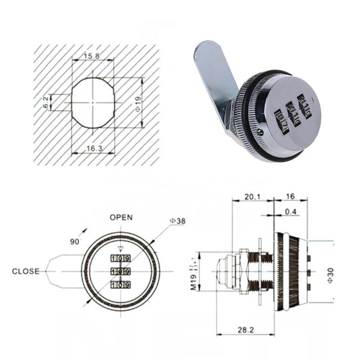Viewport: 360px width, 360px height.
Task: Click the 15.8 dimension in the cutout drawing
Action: pos(92,56)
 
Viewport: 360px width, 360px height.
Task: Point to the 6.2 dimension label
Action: pos(45,102)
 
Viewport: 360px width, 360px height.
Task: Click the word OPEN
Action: pos(121,217)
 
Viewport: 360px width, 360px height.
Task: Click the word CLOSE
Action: pos(26,271)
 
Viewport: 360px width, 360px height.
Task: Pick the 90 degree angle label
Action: pos(75,241)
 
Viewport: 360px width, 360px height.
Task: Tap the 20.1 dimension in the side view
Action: pos(252,197)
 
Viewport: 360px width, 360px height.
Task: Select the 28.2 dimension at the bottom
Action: pos(246,330)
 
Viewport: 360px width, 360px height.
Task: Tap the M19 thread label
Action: pos(193,273)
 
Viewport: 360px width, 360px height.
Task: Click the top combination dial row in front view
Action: pos(120,258)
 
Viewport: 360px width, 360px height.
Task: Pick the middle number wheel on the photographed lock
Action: pos(293,115)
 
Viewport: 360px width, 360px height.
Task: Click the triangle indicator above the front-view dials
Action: pos(120,248)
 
